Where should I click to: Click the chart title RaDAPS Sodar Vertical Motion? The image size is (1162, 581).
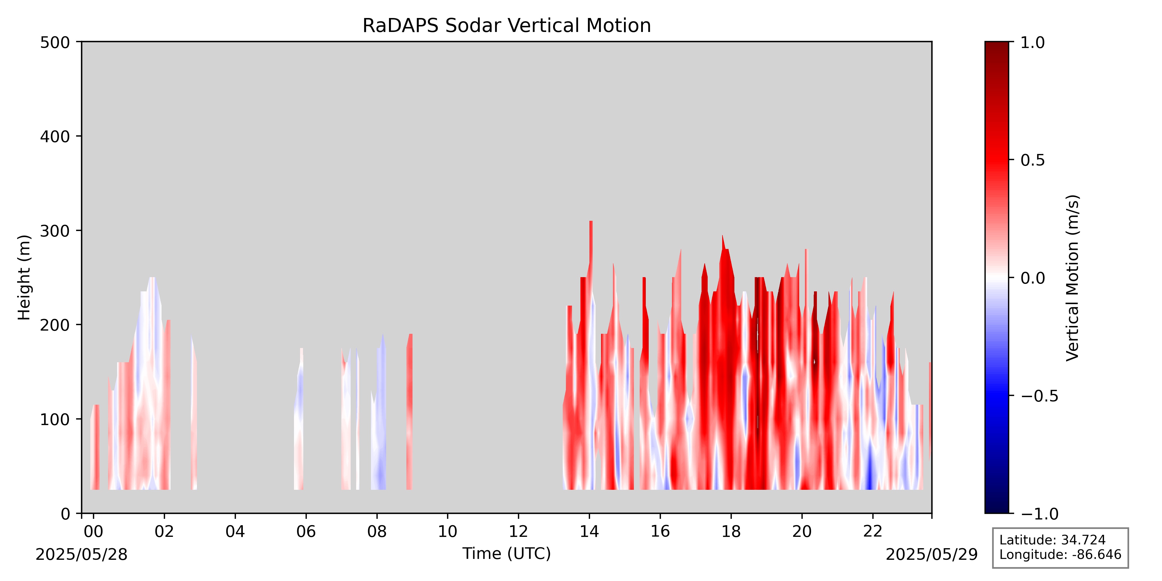click(507, 26)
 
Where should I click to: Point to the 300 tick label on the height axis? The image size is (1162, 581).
click(55, 231)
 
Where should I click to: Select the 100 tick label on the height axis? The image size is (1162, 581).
click(55, 419)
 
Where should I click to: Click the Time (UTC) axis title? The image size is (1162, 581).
click(507, 553)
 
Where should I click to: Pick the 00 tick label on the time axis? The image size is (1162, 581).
click(93, 532)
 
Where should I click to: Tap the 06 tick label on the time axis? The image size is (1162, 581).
click(306, 532)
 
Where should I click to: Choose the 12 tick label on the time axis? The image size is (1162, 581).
click(518, 532)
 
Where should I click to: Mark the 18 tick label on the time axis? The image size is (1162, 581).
click(731, 532)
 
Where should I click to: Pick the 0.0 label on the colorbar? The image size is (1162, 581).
click(1032, 278)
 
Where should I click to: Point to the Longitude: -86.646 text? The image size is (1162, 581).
click(1060, 554)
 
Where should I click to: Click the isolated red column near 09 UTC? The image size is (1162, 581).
click(409, 411)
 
